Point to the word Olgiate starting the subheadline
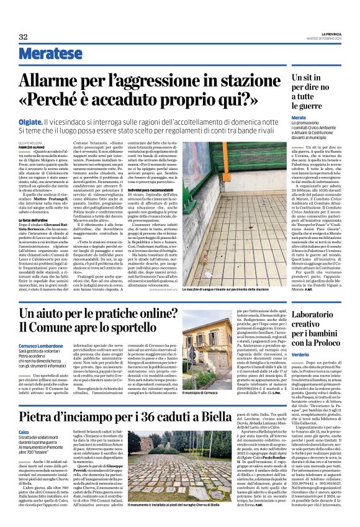pyautogui.click(x=31, y=124)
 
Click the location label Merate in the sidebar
pyautogui.click(x=299, y=117)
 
